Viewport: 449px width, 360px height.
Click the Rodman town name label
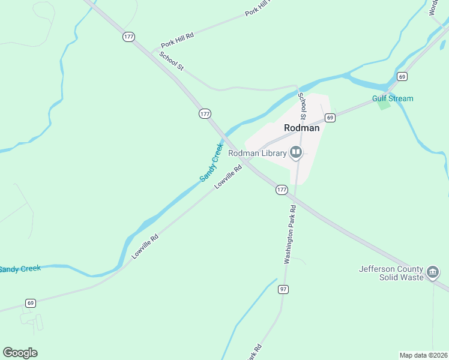pos(301,128)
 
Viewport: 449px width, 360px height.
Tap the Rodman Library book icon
pos(295,154)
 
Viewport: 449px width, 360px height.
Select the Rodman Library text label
pos(257,154)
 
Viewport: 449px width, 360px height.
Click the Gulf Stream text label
pos(393,98)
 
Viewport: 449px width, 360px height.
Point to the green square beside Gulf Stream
pos(384,106)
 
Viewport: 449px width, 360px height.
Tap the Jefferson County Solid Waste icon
pos(432,274)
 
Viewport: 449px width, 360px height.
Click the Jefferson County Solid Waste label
pos(391,274)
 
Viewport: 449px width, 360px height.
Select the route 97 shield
pos(283,289)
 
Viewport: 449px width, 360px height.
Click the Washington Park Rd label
pos(290,235)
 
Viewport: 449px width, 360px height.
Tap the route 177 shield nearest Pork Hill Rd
pos(128,37)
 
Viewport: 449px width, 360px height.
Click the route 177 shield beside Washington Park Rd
pos(282,190)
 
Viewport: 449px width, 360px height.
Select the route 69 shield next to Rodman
pos(330,118)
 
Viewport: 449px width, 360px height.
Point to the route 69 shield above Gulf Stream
pos(402,76)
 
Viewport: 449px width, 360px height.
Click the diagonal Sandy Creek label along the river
pos(211,162)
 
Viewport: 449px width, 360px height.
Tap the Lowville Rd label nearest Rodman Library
pos(228,177)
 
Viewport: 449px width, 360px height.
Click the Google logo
pos(20,353)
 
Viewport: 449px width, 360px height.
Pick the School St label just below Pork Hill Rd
pos(171,61)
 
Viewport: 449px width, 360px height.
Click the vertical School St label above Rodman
pos(303,103)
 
